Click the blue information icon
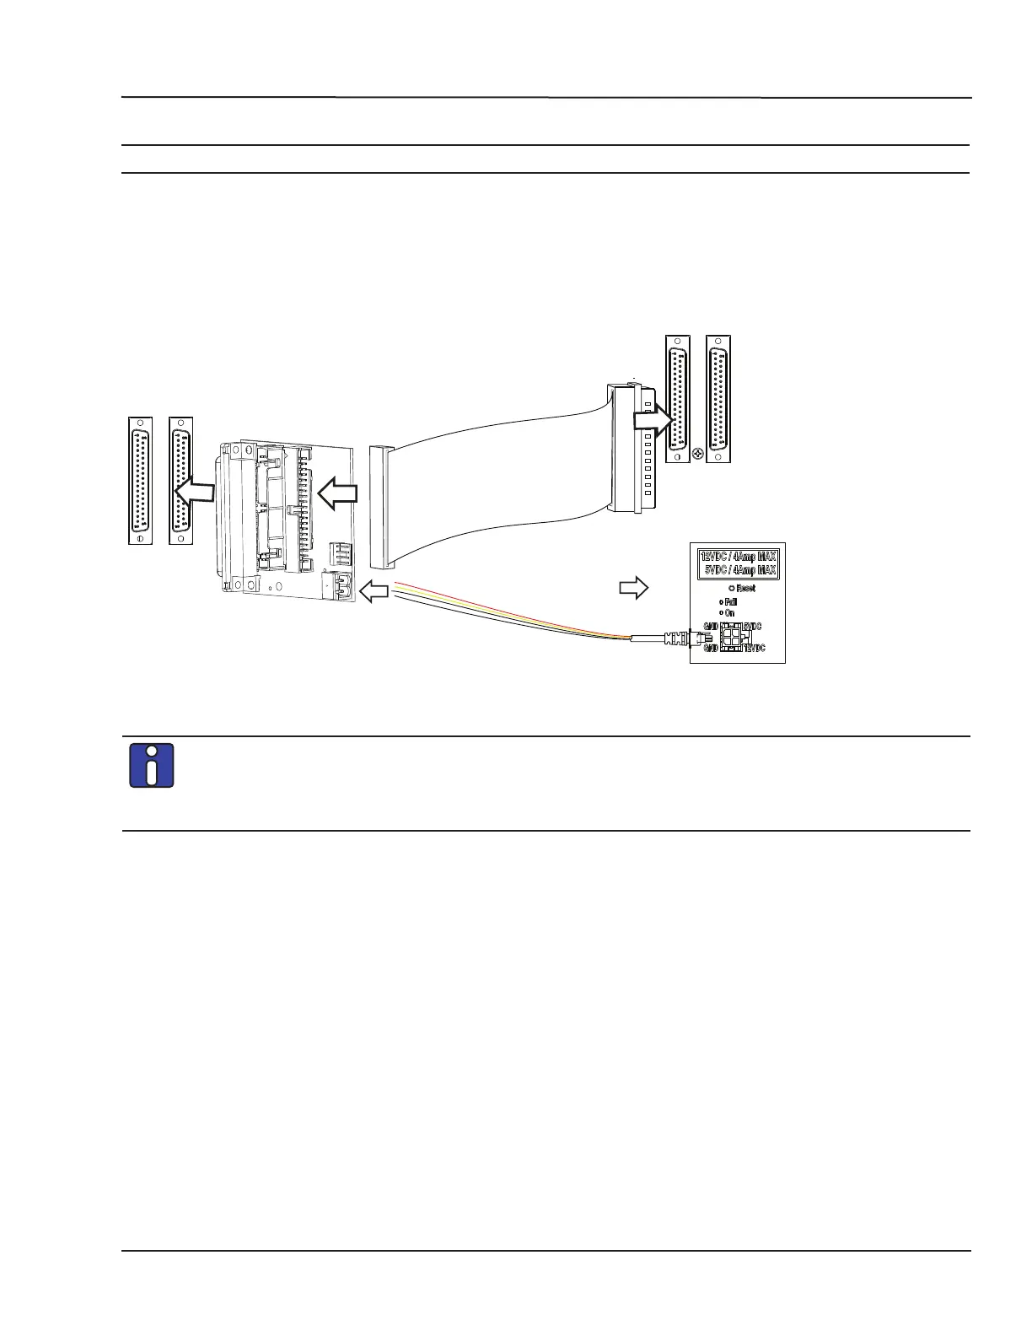tap(152, 766)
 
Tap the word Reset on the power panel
tap(745, 588)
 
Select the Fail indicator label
tap(730, 602)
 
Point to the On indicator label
tap(729, 613)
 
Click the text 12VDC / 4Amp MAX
tap(739, 556)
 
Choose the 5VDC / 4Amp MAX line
tap(739, 570)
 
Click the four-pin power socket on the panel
tap(731, 637)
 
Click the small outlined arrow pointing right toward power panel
tap(633, 587)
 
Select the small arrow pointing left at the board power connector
tap(374, 591)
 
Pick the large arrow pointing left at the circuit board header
tap(338, 493)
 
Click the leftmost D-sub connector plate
tap(140, 480)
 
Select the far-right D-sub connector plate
tap(718, 398)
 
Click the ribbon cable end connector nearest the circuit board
tap(381, 507)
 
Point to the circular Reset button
tap(732, 588)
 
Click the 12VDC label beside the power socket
tap(754, 648)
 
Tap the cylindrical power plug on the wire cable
tap(675, 639)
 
